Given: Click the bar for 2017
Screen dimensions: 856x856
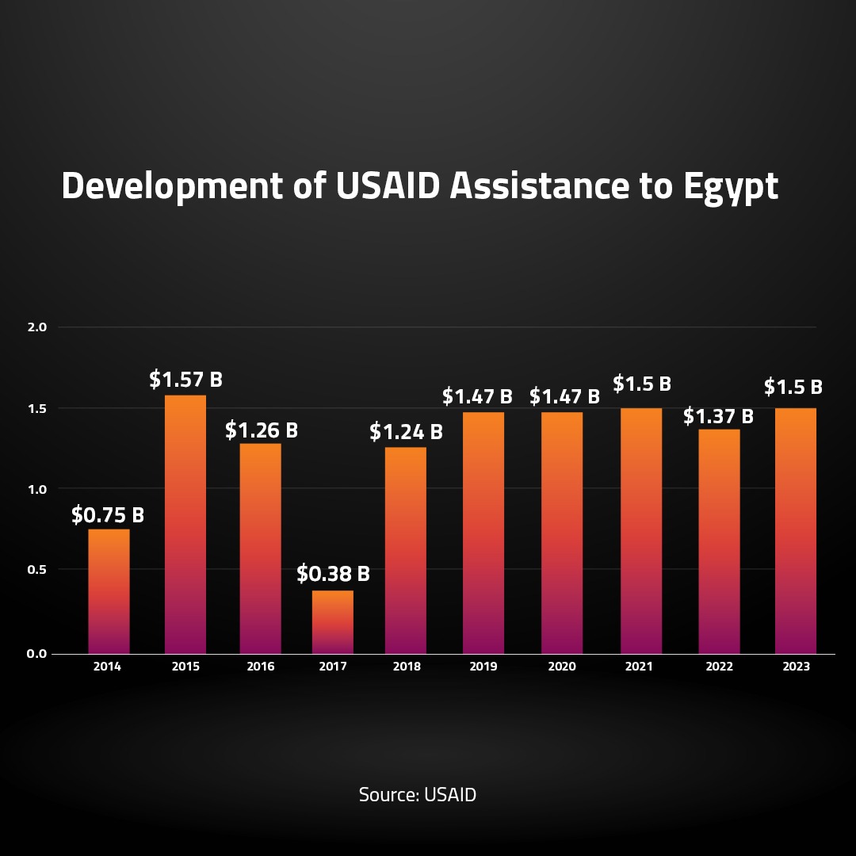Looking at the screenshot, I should coord(333,622).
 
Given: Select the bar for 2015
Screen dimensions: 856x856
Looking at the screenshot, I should coord(185,524).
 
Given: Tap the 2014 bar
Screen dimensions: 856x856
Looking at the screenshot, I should coord(109,591).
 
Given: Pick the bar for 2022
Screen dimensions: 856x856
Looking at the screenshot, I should coord(719,541).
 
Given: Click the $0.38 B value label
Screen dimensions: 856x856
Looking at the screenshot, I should coord(333,573).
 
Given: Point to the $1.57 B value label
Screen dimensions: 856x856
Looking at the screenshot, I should coord(185,380).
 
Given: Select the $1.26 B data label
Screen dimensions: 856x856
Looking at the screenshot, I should coord(261,430).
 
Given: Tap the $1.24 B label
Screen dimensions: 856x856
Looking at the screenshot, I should coord(406,433).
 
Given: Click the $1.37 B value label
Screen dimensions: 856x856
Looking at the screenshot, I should coord(718,415).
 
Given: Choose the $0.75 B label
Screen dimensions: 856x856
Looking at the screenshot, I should coord(108,515).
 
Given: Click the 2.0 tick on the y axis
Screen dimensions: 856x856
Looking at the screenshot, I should coord(38,327).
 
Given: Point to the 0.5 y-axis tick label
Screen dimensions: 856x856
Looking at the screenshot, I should coord(38,570).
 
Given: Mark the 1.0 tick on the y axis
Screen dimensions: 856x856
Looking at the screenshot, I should coord(38,489).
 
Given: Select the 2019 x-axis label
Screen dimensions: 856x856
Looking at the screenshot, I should coord(483,667).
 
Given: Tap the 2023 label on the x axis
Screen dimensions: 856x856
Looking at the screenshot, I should coord(796,667).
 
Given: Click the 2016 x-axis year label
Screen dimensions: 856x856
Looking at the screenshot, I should coord(261,667).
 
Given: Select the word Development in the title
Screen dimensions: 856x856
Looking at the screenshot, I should coord(171,188).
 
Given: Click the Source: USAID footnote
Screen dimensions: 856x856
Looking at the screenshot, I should coord(418,795).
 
